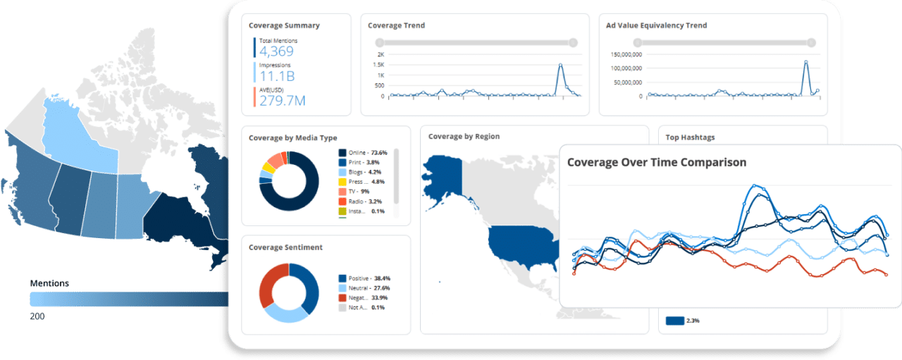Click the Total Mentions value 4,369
276,51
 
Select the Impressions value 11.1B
276,76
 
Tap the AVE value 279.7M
282,101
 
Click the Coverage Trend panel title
396,25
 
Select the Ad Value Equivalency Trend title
656,25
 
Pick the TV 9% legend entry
359,191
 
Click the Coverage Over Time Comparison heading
656,162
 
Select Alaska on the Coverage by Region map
441,175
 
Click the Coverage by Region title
464,137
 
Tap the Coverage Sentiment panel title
285,247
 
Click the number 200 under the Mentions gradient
37,317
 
